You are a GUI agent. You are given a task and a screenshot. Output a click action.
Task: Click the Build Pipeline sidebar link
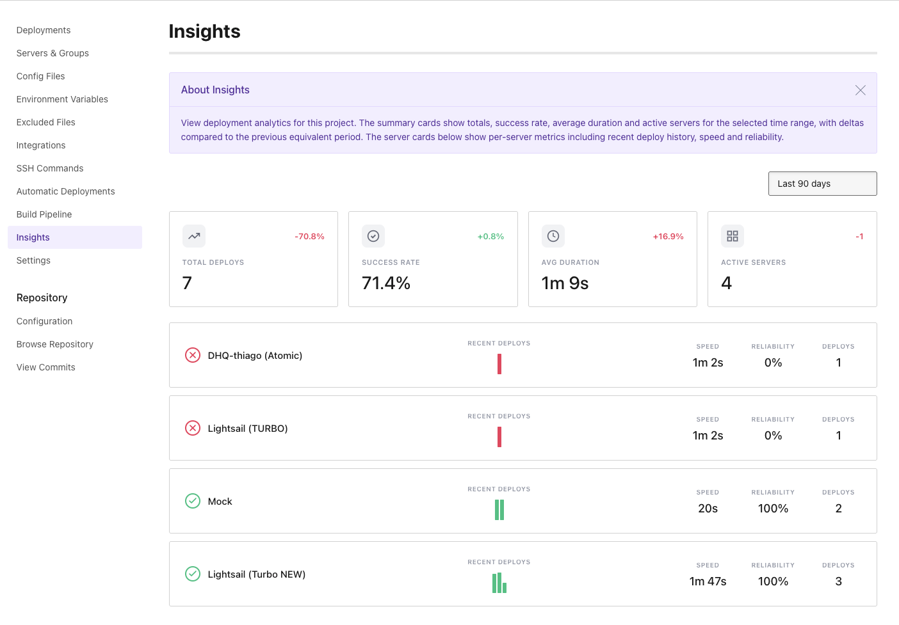44,214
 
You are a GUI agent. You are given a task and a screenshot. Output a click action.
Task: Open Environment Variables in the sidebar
62,99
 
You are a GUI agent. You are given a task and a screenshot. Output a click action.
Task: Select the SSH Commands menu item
50,168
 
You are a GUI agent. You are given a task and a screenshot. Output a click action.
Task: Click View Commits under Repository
46,367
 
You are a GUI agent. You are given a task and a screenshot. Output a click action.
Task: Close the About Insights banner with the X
860,90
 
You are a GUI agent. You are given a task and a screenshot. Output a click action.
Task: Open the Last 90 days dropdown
822,184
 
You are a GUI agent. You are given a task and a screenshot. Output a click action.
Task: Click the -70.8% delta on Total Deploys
309,237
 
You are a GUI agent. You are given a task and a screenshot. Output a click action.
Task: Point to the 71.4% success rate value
386,283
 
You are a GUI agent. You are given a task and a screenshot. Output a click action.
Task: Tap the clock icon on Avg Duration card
553,236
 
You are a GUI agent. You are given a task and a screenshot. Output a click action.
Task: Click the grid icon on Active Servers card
733,236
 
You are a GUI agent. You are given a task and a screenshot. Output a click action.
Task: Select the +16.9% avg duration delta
668,237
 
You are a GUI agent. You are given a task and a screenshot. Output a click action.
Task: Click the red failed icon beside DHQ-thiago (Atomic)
193,355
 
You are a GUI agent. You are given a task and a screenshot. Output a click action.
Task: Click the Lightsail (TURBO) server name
248,429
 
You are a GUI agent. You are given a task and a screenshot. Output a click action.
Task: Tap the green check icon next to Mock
193,501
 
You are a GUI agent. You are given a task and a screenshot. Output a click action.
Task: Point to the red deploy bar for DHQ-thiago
499,364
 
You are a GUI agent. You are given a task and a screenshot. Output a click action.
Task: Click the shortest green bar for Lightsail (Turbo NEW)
505,588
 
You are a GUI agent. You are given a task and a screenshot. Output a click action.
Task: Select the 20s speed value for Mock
708,509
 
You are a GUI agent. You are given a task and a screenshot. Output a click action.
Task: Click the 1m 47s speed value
708,581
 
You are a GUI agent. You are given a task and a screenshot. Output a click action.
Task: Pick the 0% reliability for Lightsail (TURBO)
773,436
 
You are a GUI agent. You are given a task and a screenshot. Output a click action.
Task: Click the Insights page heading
205,31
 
